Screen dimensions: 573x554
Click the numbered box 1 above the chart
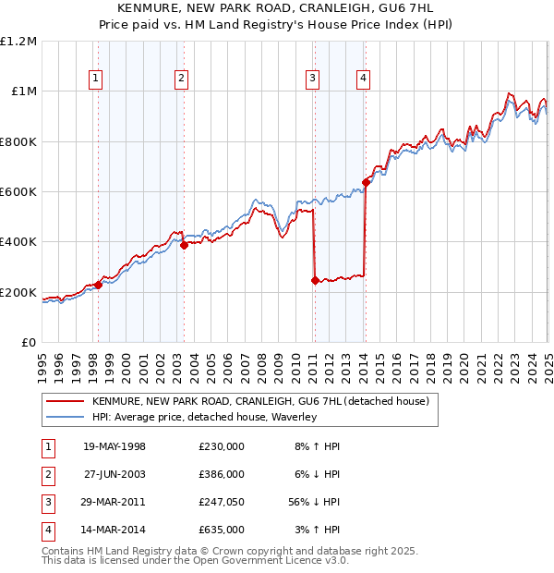(96, 79)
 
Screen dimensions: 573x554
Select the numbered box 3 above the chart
(313, 79)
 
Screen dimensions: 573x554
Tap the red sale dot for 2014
(366, 182)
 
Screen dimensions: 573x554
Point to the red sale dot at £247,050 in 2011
(316, 280)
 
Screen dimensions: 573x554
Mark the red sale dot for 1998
(99, 285)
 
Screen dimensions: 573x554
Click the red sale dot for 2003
(184, 245)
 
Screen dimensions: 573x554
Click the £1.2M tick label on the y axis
(18, 42)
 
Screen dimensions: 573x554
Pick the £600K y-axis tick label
(18, 192)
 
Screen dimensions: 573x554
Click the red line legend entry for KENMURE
(259, 402)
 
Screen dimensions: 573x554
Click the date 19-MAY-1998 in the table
(114, 446)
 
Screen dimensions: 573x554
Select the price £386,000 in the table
(221, 474)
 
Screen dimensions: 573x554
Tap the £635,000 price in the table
(221, 530)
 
